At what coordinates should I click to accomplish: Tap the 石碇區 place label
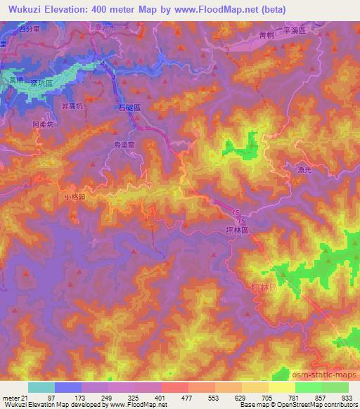point(129,109)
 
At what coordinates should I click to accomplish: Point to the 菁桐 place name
point(266,32)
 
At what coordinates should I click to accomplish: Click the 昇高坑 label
point(73,105)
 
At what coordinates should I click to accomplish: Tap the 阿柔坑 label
point(42,124)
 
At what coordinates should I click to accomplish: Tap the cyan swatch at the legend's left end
point(41,387)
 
